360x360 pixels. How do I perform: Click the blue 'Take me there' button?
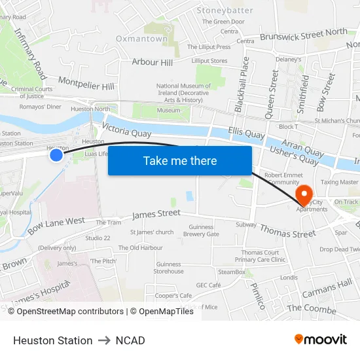tap(180, 160)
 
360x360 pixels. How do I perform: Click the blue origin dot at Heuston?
tap(56, 154)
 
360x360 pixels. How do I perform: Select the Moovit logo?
tap(321, 340)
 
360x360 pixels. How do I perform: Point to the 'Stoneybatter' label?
tap(225, 10)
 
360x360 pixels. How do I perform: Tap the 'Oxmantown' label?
tap(141, 39)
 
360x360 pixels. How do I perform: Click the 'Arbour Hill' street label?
tap(153, 62)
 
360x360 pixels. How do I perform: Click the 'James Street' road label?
tap(156, 214)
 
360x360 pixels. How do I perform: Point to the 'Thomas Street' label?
tap(287, 230)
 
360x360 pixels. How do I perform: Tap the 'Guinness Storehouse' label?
tap(168, 268)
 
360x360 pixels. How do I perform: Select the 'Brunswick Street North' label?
tap(303, 35)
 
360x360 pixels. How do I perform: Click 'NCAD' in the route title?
tap(130, 340)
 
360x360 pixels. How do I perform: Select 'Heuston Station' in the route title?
tap(53, 340)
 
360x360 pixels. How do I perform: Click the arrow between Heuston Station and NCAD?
tap(104, 340)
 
